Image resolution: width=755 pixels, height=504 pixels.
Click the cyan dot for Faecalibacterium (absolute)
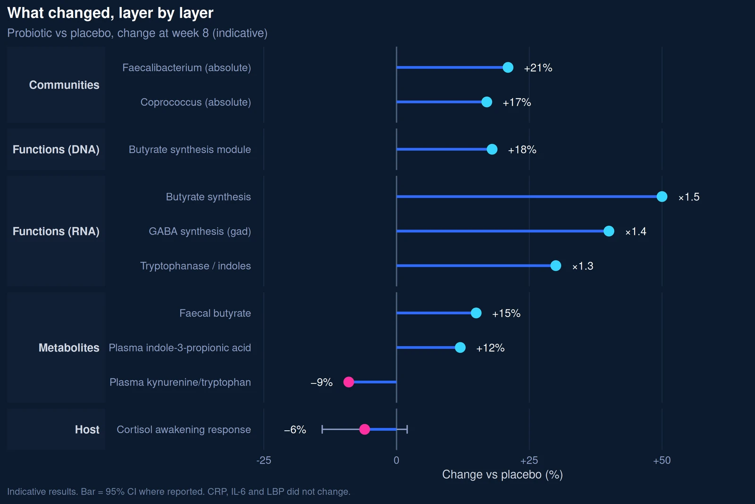(508, 68)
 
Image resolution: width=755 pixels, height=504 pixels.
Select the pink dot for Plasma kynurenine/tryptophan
(349, 382)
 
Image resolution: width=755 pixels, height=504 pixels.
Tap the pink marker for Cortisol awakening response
(364, 429)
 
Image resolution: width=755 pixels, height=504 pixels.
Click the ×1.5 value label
(689, 196)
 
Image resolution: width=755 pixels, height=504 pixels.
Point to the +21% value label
(538, 68)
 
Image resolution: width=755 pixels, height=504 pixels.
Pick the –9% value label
(321, 382)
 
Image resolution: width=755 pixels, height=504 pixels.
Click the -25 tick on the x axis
(264, 461)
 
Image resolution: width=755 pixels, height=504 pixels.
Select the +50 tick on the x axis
(662, 461)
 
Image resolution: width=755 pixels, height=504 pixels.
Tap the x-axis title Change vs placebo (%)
(502, 474)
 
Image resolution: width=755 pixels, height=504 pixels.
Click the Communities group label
(64, 85)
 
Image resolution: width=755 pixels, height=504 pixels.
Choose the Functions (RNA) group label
(56, 231)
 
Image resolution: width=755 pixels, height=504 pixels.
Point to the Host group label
(87, 429)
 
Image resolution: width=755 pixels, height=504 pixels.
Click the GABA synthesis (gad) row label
(200, 231)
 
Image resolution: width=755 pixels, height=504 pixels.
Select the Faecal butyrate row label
(215, 313)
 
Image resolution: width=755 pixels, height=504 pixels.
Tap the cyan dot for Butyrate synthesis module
(492, 149)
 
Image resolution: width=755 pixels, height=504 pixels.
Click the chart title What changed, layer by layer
(110, 13)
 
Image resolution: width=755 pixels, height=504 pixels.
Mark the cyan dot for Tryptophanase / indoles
(555, 265)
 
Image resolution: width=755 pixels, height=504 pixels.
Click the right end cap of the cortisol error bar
(407, 429)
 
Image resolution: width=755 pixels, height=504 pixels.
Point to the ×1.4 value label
(636, 231)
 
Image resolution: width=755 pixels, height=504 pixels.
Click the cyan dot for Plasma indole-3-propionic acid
(460, 348)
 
